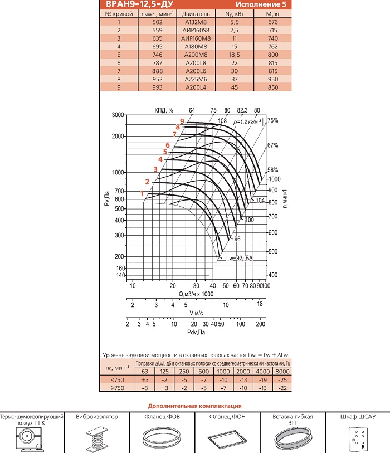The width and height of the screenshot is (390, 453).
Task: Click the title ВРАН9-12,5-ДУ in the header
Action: [139, 4]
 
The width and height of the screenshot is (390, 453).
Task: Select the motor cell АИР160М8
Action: [196, 38]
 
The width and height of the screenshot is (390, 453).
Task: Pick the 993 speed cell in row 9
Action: [157, 87]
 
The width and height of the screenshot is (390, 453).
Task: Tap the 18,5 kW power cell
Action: [235, 55]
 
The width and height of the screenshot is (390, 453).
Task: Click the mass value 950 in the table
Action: [272, 80]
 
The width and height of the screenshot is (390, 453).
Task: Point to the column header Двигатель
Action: [196, 14]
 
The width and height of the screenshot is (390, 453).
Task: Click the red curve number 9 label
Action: [182, 121]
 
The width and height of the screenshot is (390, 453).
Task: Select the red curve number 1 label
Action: [142, 193]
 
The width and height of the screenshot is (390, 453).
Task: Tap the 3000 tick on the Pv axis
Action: [118, 115]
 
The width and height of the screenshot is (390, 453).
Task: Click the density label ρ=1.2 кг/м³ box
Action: [247, 121]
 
